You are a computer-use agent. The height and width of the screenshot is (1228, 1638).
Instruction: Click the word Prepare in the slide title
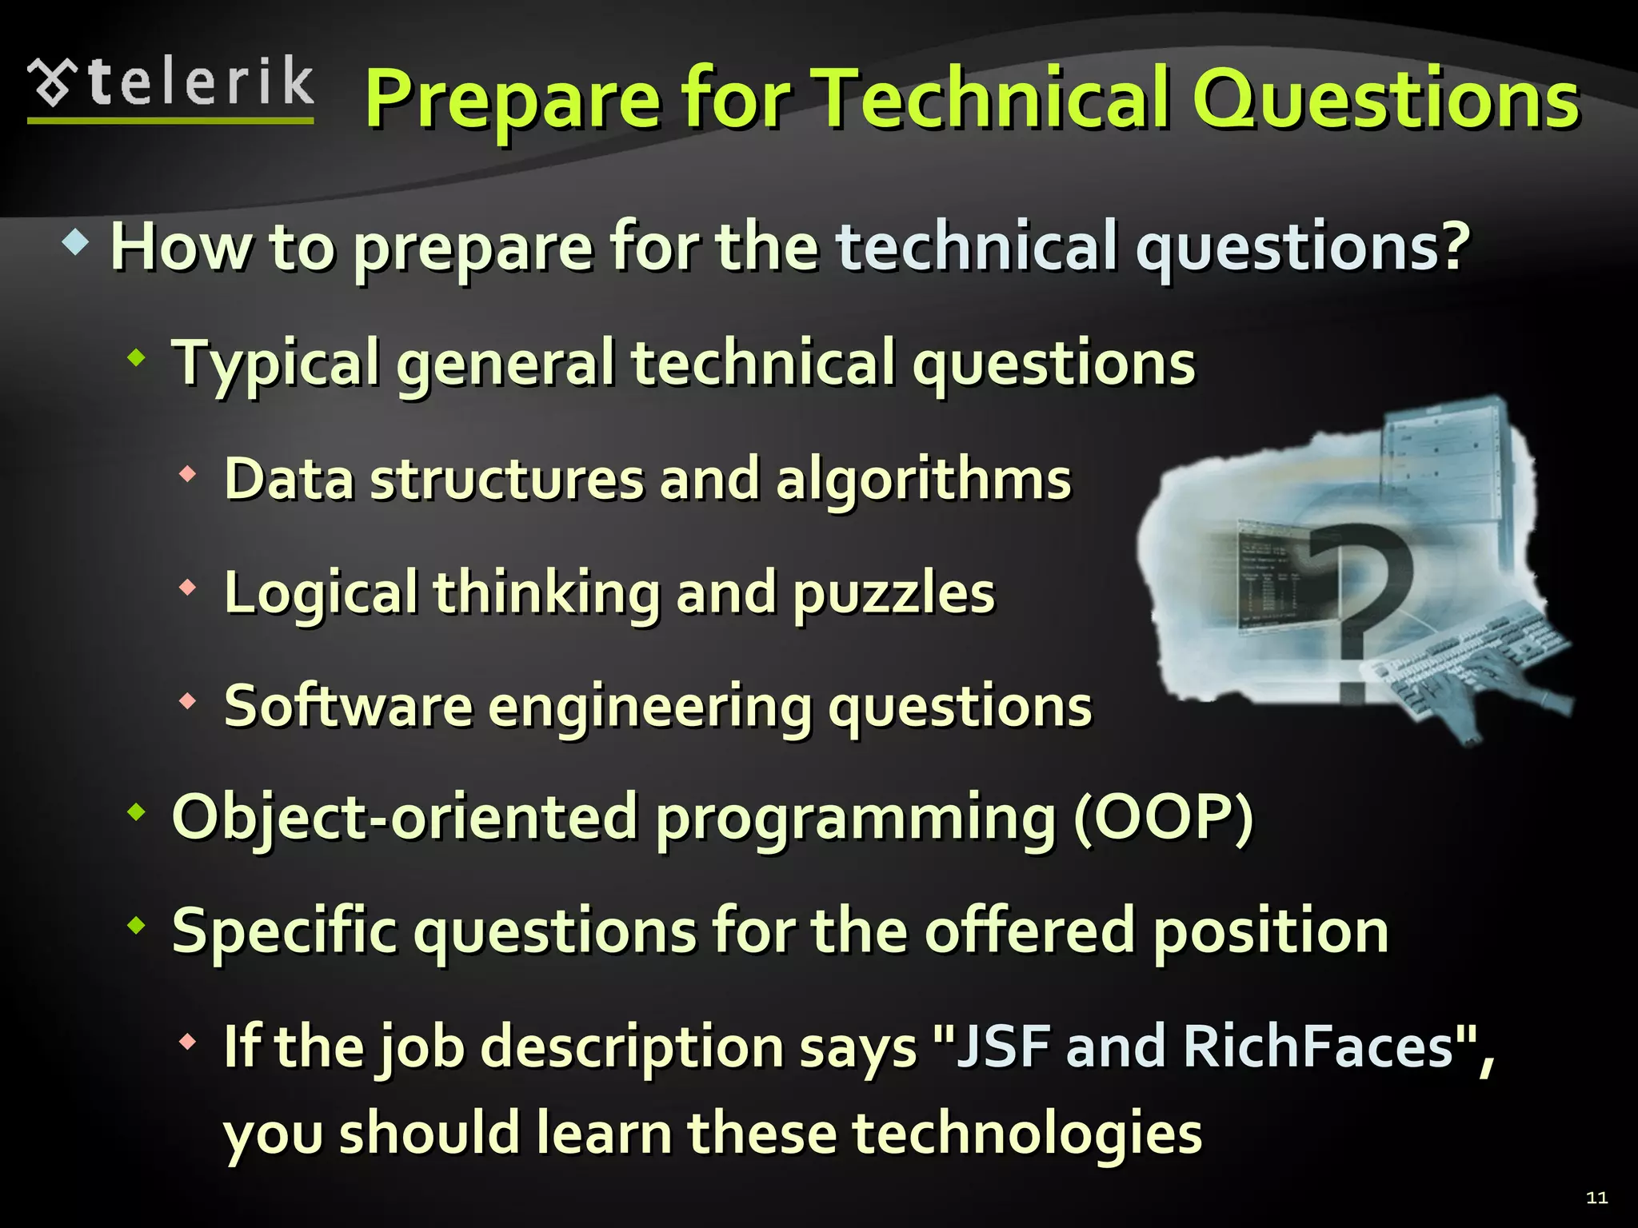click(512, 100)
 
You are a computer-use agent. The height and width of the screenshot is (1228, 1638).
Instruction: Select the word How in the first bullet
click(181, 248)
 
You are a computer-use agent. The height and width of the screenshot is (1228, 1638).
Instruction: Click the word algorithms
click(923, 480)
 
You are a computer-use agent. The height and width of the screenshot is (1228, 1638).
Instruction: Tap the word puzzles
click(893, 594)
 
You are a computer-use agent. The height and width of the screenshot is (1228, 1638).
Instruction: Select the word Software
click(348, 707)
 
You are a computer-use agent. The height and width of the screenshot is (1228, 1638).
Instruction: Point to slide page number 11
click(1596, 1197)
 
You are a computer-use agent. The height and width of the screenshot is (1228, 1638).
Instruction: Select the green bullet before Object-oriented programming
click(138, 813)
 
